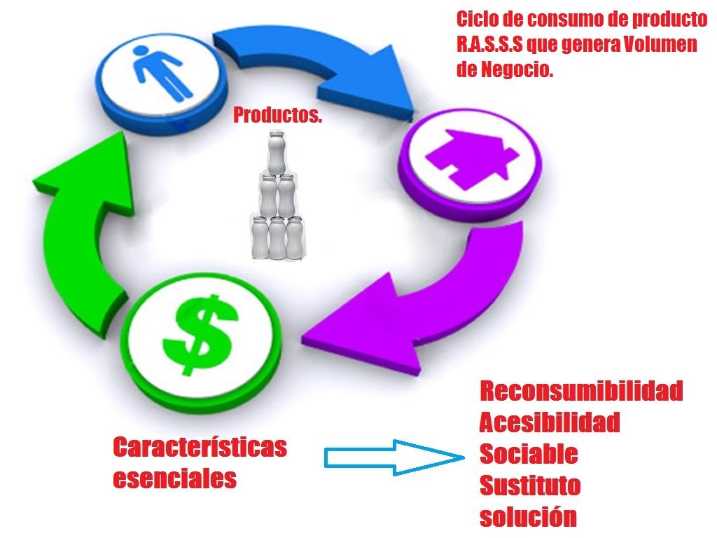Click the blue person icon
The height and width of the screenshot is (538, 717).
[x=162, y=71]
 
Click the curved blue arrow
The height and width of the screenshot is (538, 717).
[x=322, y=63]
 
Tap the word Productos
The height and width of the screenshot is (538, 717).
[x=278, y=116]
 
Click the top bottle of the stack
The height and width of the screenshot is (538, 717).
[x=278, y=151]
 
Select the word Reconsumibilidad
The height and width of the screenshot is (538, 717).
[x=581, y=391]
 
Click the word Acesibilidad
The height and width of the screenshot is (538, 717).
[x=550, y=422]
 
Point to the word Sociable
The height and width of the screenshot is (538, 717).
[x=529, y=454]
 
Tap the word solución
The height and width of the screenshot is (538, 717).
[x=529, y=517]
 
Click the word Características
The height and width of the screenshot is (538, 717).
[x=200, y=447]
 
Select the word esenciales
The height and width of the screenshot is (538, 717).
[x=175, y=479]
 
